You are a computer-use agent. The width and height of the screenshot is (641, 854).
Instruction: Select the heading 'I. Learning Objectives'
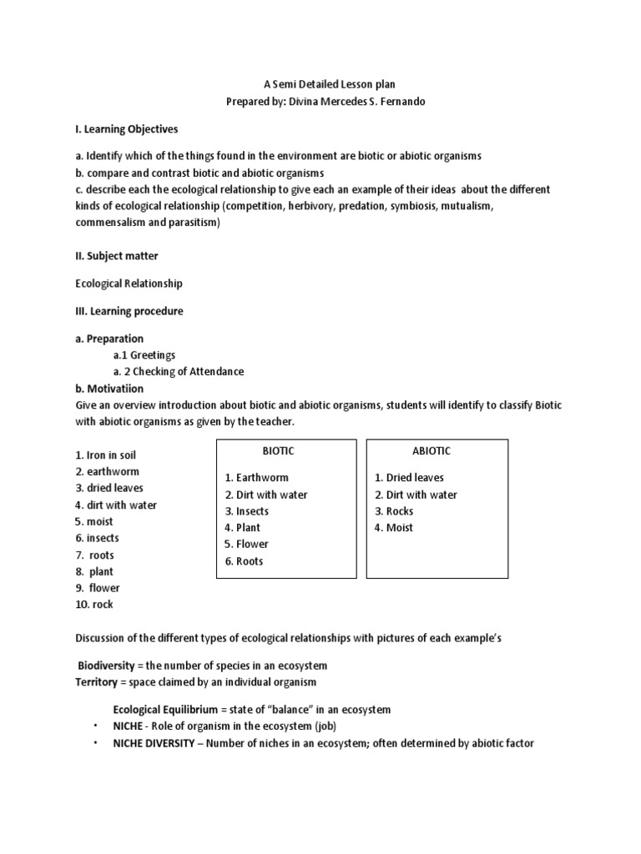[x=127, y=129]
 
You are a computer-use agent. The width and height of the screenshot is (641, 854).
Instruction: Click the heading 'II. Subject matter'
[x=117, y=255]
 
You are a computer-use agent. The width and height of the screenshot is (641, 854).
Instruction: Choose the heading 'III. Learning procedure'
[x=129, y=311]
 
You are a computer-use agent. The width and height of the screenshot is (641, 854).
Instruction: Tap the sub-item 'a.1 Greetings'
[x=144, y=354]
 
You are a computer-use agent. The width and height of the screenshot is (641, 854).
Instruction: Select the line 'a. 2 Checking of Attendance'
[x=179, y=371]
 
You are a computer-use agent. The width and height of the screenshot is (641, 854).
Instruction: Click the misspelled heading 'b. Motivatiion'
[x=109, y=388]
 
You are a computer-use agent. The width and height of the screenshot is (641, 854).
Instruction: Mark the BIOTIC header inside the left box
[x=278, y=450]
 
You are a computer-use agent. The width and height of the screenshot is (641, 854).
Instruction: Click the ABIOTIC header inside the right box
[x=432, y=450]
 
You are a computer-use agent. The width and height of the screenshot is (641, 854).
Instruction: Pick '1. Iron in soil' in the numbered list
[x=105, y=455]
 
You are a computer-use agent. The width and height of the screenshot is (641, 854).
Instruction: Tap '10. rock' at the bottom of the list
[x=94, y=604]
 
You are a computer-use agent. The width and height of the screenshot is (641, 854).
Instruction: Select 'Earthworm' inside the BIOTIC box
[x=262, y=477]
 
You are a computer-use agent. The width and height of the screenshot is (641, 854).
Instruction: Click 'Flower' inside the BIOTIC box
[x=252, y=544]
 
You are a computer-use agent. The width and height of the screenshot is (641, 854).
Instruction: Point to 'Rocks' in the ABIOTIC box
[x=400, y=510]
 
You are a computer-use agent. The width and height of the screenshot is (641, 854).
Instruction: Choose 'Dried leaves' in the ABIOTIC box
[x=415, y=477]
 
